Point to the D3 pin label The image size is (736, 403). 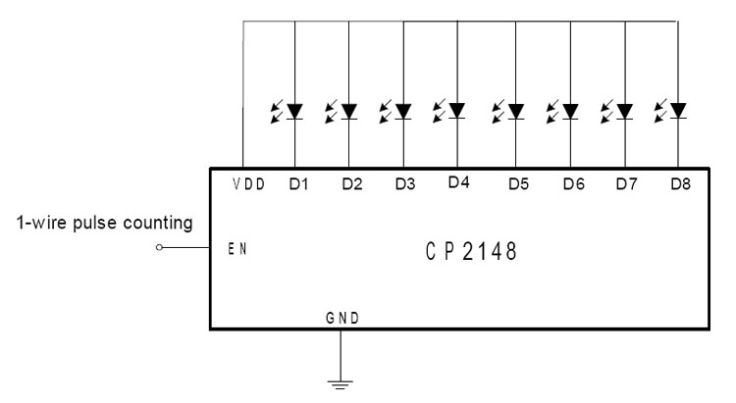tap(402, 185)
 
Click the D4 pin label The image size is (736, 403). tap(455, 182)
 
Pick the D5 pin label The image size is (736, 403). tap(517, 185)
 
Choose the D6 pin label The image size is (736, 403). tap(572, 185)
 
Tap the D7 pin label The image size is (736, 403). tap(624, 185)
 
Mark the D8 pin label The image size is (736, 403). tap(678, 185)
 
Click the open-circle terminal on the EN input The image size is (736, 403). tap(159, 249)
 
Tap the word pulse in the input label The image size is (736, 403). tap(98, 224)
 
